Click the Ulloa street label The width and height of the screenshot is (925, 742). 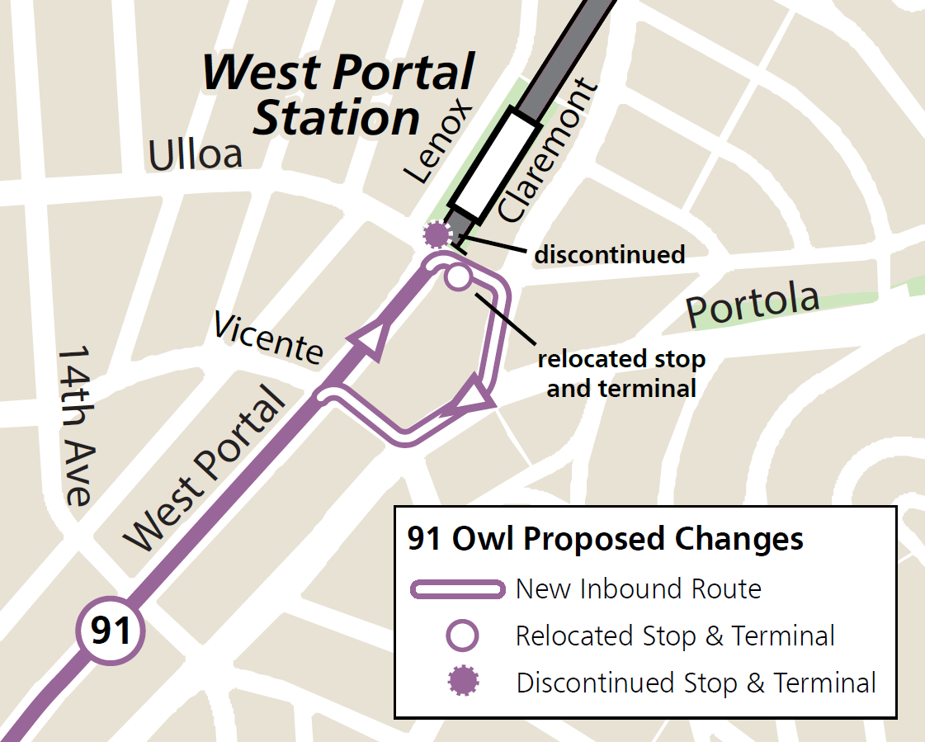[196, 154]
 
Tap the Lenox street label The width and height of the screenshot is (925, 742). [438, 144]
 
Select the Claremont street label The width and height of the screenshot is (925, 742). [547, 150]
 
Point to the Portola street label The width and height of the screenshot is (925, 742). [753, 305]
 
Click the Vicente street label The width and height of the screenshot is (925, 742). [268, 337]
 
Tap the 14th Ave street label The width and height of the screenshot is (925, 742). [75, 425]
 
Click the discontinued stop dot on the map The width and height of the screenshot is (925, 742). [436, 235]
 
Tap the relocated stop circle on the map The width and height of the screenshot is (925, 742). [457, 277]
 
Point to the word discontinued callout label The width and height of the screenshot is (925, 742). [609, 254]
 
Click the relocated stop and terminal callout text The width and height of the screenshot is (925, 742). [621, 373]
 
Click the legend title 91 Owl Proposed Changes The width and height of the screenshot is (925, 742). [605, 539]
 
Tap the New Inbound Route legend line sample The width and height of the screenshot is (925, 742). [457, 589]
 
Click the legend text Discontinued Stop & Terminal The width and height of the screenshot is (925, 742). [696, 683]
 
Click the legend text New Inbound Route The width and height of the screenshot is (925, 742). [638, 589]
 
